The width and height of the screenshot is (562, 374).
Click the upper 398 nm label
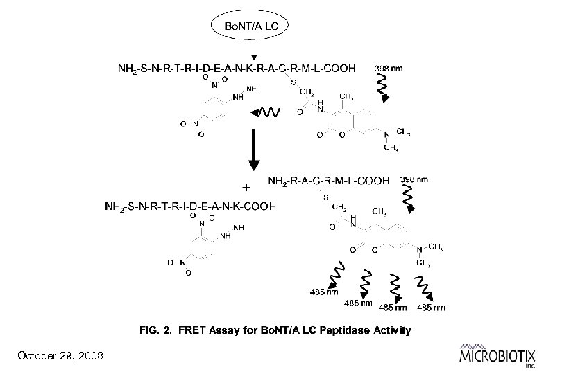[x=389, y=69]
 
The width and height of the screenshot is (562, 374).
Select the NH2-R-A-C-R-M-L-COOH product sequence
[x=328, y=181]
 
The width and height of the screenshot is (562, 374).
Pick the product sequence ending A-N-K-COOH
[x=191, y=206]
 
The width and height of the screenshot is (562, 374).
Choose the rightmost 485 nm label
[x=431, y=307]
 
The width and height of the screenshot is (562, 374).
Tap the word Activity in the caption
[x=391, y=330]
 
